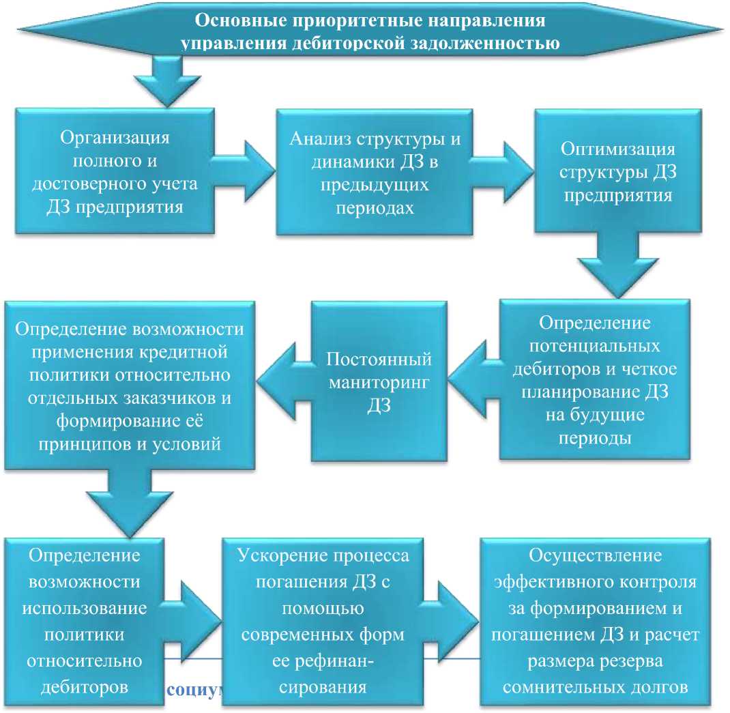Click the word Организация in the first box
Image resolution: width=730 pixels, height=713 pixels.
[x=115, y=138]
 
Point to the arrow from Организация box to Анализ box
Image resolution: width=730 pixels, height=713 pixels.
[x=243, y=171]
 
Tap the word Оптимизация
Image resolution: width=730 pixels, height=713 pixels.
[x=618, y=149]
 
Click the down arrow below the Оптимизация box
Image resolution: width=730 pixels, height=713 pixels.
[x=618, y=265]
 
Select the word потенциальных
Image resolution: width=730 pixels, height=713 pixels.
[x=594, y=346]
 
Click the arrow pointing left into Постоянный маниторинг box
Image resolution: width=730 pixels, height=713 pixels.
[x=475, y=379]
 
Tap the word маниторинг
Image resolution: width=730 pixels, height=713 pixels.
[x=379, y=382]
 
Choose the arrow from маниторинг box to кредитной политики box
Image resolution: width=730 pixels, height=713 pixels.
[x=284, y=381]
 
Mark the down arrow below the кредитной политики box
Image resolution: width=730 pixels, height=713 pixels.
[x=130, y=503]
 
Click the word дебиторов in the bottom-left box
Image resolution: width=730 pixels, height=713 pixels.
[x=85, y=687]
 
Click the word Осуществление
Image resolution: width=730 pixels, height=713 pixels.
[x=595, y=555]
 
